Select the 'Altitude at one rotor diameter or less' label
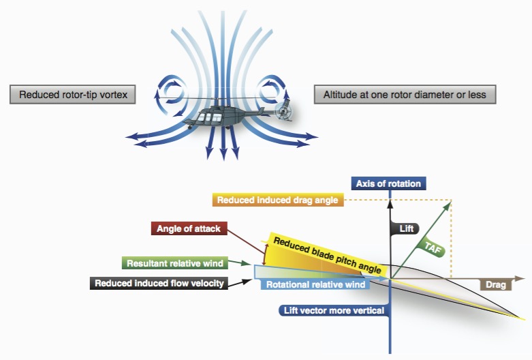(405, 95)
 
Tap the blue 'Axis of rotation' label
(388, 183)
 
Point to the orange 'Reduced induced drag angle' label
(279, 200)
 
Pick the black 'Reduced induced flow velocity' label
(159, 283)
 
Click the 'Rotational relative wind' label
(315, 284)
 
